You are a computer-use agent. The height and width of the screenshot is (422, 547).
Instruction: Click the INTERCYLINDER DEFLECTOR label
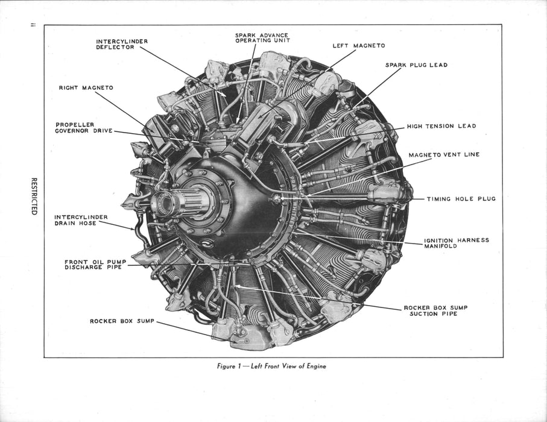[x=122, y=44]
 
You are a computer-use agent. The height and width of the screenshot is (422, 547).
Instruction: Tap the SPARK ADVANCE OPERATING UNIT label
[x=262, y=37]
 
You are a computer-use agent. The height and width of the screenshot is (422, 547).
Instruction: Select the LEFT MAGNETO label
[x=359, y=46]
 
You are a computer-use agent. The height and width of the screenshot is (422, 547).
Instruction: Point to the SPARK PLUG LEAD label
[x=416, y=65]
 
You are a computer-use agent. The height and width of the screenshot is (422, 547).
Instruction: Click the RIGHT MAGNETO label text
[x=86, y=88]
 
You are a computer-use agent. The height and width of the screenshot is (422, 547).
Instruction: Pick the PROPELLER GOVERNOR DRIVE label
[x=84, y=128]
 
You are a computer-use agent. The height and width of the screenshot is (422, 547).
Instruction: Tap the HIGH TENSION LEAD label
[x=441, y=126]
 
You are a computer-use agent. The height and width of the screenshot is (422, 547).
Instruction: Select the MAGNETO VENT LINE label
[x=444, y=154]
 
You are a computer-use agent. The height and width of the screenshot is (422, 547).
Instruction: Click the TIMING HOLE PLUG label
[x=461, y=199]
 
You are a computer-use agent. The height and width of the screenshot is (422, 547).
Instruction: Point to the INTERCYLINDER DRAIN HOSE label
[x=81, y=220]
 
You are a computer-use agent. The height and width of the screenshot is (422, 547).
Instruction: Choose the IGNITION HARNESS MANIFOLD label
[x=457, y=243]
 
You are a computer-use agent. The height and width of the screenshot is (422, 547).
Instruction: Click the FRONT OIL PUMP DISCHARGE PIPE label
[x=95, y=265]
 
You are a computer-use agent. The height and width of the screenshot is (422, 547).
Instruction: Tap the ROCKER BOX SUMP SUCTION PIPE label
[x=435, y=310]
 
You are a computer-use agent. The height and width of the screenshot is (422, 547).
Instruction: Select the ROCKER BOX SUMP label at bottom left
[x=122, y=321]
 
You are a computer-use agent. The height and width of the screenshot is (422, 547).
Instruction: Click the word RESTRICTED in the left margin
[x=34, y=196]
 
